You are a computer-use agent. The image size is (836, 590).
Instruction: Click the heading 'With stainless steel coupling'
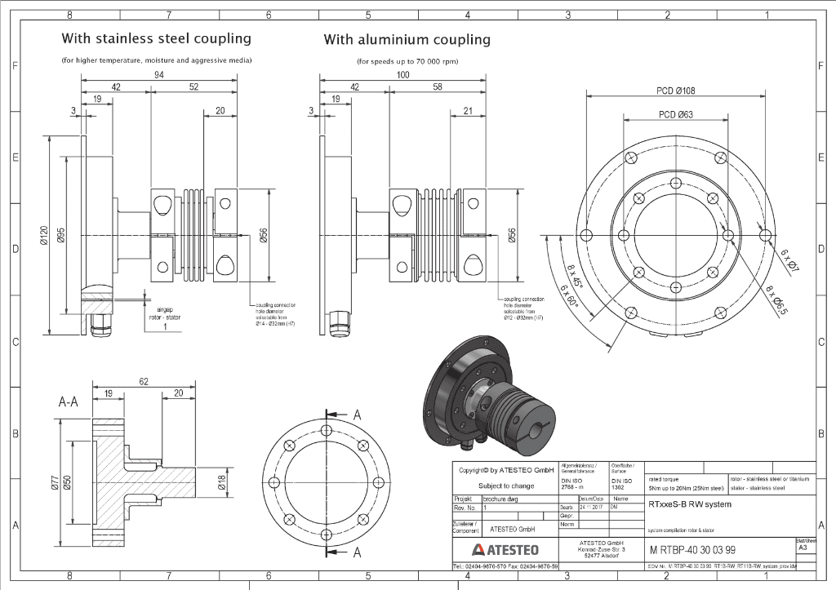156,39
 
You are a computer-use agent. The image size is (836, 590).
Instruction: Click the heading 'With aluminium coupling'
407,39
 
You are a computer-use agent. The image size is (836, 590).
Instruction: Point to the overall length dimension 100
402,74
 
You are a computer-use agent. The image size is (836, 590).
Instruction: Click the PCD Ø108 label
675,91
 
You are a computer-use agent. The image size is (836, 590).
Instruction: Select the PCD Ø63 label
675,115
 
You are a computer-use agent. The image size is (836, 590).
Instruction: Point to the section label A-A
69,402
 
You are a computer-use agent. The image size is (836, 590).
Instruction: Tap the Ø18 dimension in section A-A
220,483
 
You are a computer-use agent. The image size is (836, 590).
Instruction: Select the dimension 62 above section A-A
143,381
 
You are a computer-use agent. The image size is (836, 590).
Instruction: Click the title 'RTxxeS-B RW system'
690,504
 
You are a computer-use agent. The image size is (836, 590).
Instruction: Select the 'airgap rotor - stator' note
165,313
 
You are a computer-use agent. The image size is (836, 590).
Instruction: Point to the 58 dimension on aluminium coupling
438,87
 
